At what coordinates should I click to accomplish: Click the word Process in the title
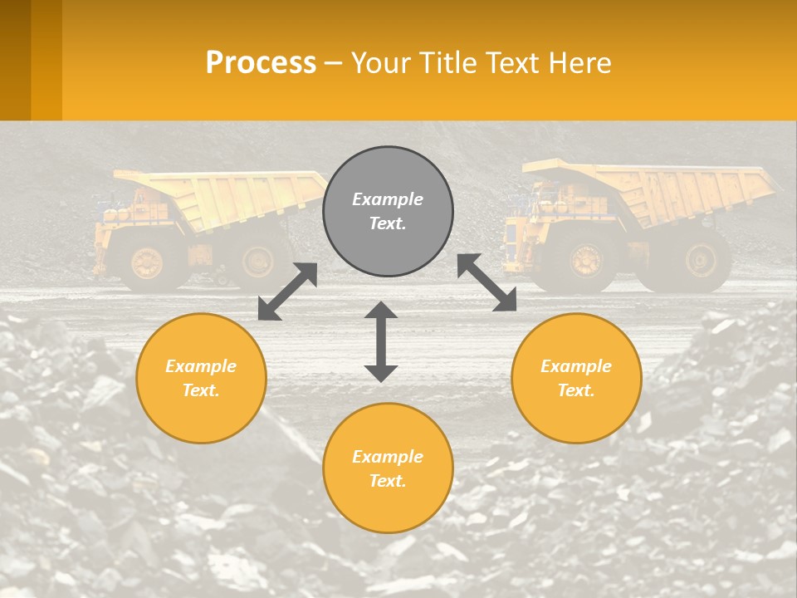tap(261, 63)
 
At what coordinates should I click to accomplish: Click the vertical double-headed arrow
tap(381, 341)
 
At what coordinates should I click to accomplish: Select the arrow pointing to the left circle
tap(287, 292)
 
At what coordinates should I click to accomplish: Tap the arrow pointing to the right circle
tap(487, 282)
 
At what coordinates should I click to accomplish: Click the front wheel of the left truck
tap(147, 262)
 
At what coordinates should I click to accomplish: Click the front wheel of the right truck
tap(586, 261)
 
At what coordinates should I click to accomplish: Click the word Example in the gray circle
tap(388, 199)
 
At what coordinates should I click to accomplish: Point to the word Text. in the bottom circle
tap(388, 481)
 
